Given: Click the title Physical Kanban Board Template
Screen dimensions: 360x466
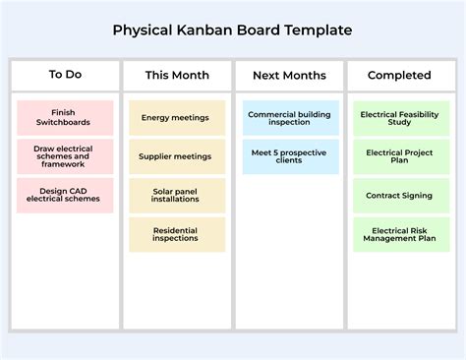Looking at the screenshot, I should [x=232, y=30].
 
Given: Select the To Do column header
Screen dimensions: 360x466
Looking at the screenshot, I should [x=65, y=75].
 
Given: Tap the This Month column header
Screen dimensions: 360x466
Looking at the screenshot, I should [x=177, y=75].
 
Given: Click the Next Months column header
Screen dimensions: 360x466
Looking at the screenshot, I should [x=289, y=75].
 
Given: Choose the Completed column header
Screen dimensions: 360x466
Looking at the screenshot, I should [x=399, y=75].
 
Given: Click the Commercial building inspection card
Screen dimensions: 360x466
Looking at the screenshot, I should [x=289, y=118].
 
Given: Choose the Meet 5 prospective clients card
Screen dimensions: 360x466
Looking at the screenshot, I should [x=289, y=156].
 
